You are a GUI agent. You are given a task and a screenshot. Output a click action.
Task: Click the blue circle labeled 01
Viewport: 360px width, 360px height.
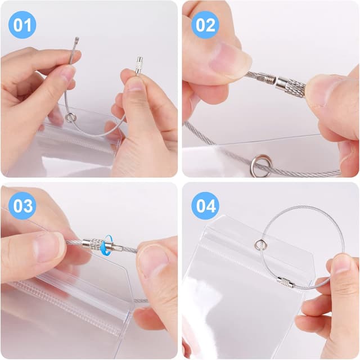(22, 25)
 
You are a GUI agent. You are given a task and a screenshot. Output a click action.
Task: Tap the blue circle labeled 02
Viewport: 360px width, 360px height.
(205, 25)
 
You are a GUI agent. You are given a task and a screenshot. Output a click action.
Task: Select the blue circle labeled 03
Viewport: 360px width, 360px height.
(22, 206)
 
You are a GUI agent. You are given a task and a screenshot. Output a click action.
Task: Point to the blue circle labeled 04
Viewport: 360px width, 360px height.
(205, 206)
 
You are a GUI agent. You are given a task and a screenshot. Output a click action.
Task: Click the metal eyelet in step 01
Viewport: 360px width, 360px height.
(70, 118)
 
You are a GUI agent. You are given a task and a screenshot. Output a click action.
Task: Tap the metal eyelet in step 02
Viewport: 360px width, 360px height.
(261, 166)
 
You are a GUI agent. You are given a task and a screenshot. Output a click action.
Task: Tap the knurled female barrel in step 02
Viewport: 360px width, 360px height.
(290, 85)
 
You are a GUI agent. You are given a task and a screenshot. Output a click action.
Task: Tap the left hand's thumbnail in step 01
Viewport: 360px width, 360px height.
(66, 73)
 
